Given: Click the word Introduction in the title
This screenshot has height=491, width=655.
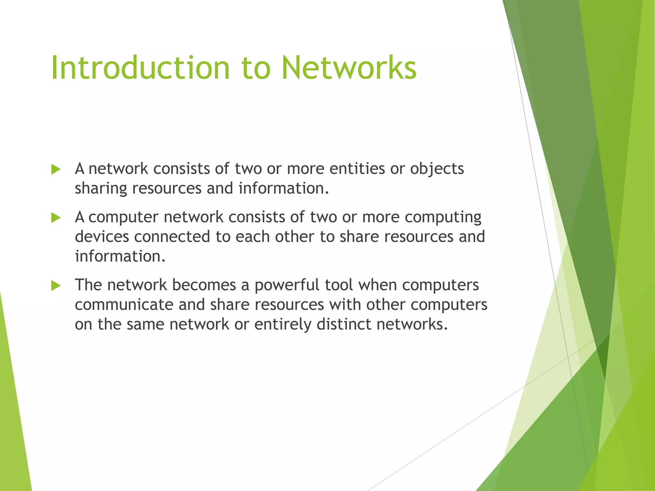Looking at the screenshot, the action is pos(140,68).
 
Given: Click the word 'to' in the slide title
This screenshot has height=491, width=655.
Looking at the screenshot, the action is pos(256,68).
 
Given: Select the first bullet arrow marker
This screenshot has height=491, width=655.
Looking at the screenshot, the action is pos(56,169).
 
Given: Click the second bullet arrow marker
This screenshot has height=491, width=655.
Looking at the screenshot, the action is pos(56,218).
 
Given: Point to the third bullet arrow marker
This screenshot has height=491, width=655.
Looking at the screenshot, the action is pos(56,285).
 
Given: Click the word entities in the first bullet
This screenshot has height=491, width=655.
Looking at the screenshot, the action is pos(357,168).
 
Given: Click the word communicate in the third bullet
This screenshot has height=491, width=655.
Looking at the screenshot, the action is pos(124,305).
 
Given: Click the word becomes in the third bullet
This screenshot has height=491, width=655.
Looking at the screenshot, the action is pos(204,285).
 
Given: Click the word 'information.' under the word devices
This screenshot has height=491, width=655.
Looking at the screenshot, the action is pos(120,256).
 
